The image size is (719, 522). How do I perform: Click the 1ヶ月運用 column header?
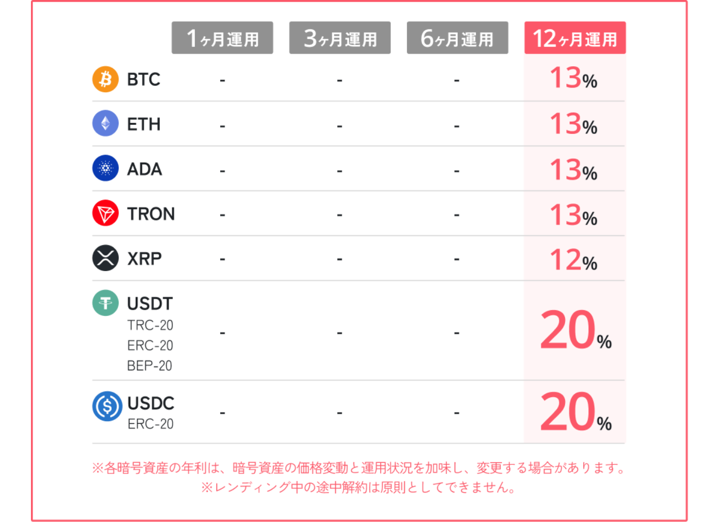[222, 38]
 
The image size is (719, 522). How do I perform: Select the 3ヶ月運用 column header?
[340, 38]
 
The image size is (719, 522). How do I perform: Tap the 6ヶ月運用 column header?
[457, 38]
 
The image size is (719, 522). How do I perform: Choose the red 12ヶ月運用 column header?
[575, 38]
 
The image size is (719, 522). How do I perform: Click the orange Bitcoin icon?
[106, 79]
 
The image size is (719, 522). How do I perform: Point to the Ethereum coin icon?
[106, 123]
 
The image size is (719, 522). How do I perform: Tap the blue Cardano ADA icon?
[106, 168]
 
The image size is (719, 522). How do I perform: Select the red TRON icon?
[106, 213]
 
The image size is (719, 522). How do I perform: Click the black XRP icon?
[106, 258]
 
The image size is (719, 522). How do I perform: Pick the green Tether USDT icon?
[106, 303]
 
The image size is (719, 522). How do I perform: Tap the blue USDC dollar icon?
[107, 406]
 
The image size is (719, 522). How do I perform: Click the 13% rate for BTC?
[574, 78]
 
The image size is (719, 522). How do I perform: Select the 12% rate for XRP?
[574, 260]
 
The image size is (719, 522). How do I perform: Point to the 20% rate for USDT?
[575, 331]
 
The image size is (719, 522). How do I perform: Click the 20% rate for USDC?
[575, 412]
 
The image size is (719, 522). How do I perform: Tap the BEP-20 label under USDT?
[150, 366]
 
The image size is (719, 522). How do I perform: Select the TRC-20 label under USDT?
[150, 325]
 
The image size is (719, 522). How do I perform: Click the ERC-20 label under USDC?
[151, 424]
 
